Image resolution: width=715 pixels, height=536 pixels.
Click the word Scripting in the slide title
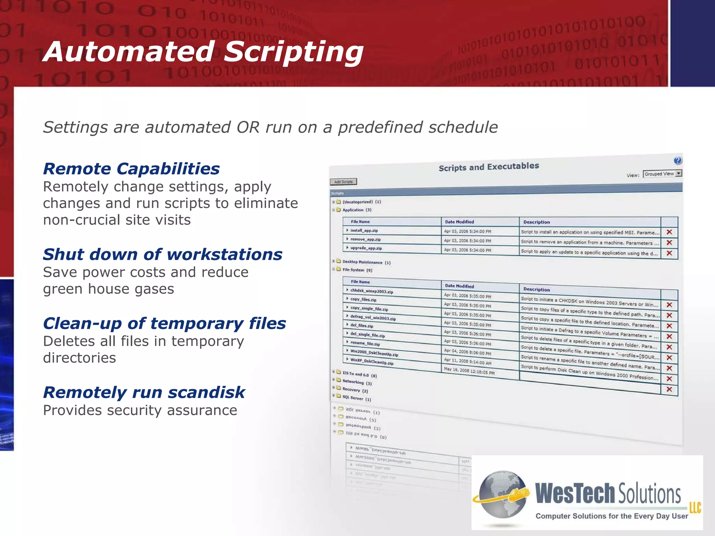point(293,52)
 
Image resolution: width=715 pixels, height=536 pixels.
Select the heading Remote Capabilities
point(131,169)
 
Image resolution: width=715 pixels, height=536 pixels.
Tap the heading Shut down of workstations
point(162,254)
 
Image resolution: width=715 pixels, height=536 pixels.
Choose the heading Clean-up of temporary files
point(164,323)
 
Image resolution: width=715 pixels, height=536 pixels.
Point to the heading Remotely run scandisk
point(144,393)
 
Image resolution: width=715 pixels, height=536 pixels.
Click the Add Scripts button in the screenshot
point(343,182)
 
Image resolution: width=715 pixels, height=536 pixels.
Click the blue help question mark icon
point(677,161)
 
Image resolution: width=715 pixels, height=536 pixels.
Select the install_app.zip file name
point(364,231)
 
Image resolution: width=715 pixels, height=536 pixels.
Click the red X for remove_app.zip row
point(669,243)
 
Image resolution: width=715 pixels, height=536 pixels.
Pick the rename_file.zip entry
point(365,343)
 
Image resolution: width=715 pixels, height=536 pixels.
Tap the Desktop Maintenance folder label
point(362,262)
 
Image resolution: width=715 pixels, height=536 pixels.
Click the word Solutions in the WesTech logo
point(649,494)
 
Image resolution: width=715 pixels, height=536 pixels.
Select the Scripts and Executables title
point(488,167)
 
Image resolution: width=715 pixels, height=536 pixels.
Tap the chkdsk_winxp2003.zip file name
point(371,291)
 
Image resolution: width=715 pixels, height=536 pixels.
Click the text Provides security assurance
point(140,410)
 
